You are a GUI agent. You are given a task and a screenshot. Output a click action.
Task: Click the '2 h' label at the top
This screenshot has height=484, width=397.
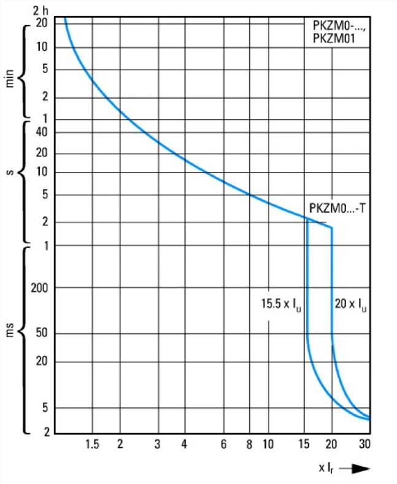tap(40, 11)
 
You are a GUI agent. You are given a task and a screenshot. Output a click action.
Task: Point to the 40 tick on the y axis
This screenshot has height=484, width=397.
tap(42, 132)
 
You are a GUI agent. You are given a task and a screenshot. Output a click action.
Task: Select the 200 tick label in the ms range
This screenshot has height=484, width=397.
tap(39, 288)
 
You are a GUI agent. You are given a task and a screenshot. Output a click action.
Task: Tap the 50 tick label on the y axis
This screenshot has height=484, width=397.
tap(42, 333)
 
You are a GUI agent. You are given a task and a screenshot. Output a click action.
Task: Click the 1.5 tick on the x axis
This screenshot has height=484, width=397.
tap(92, 444)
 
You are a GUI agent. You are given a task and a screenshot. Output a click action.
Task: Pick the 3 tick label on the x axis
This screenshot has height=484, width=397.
tap(158, 444)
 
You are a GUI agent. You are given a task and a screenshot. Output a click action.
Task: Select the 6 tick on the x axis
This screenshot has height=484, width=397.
tap(223, 444)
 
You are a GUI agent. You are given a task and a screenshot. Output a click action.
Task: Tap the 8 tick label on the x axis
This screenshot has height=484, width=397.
tap(249, 444)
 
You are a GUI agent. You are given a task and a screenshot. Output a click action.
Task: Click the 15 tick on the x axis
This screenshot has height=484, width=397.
tap(304, 444)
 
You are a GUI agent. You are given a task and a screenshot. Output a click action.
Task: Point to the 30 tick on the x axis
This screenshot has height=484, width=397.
tap(364, 444)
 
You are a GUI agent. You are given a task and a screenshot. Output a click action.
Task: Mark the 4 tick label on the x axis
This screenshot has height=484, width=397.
tap(184, 444)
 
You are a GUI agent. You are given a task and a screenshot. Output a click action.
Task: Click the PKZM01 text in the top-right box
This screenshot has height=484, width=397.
tap(334, 38)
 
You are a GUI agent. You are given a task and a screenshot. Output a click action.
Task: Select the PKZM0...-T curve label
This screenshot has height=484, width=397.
tap(337, 208)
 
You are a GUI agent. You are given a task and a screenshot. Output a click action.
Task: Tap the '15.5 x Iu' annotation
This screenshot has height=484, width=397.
tap(281, 304)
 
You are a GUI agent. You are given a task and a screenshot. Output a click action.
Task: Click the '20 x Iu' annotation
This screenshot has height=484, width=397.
tap(351, 304)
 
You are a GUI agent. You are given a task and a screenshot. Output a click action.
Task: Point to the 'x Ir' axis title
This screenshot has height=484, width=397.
tap(326, 468)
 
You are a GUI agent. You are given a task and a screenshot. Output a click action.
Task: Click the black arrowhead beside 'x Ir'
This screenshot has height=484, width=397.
tap(361, 469)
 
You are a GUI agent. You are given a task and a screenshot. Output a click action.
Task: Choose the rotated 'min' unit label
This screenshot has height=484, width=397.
tap(10, 79)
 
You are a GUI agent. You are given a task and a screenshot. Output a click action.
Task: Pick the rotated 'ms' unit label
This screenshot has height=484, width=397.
tap(10, 330)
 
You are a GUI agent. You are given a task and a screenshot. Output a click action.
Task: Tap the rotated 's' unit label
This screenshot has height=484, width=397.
tap(10, 172)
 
